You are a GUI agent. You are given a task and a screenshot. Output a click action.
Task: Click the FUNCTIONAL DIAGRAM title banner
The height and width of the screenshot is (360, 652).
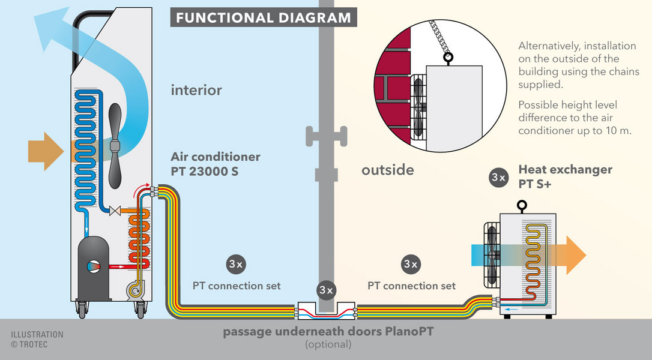click(263, 17)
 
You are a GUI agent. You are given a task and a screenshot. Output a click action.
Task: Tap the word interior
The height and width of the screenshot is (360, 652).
click(196, 90)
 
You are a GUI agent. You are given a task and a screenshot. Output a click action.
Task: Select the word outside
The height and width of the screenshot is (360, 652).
click(388, 170)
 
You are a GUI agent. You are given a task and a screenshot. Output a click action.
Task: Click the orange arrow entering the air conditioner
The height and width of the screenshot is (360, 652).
click(46, 151)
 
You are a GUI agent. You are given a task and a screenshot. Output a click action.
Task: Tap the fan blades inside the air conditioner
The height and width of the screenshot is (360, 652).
click(115, 145)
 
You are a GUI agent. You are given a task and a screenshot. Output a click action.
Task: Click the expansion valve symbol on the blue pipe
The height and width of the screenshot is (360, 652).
click(115, 211)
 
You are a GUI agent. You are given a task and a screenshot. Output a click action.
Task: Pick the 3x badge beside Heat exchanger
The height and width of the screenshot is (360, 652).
click(498, 178)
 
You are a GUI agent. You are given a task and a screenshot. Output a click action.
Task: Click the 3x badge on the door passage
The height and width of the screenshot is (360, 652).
click(327, 290)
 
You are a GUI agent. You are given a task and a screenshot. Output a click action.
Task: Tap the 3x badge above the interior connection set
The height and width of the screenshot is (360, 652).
click(236, 264)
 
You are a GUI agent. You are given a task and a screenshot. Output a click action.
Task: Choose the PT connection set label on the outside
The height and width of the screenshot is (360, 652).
click(411, 286)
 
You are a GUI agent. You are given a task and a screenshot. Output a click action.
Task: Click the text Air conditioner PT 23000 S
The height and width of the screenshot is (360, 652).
click(216, 164)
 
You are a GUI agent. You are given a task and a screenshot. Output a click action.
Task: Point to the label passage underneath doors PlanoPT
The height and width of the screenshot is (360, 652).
click(328, 332)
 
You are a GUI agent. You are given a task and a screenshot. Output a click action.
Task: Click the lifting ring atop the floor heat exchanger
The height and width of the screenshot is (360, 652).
click(522, 205)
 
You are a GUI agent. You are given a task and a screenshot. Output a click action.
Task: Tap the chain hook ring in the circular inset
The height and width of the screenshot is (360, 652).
click(447, 58)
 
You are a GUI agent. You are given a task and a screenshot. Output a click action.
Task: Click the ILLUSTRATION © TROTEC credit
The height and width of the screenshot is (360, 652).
click(37, 339)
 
